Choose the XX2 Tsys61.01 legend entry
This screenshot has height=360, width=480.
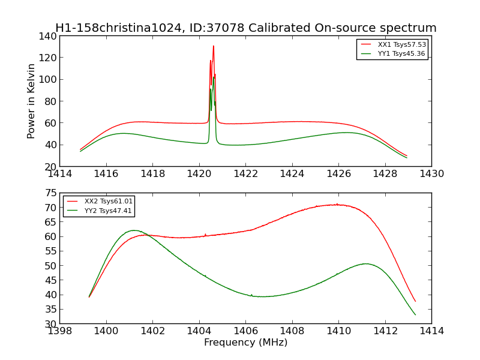click(109, 201)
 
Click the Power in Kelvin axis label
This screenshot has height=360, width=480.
click(32, 101)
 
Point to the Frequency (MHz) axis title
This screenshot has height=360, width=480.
click(245, 343)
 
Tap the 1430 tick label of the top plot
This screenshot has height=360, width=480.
click(431, 174)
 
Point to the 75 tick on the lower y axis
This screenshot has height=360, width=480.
click(51, 193)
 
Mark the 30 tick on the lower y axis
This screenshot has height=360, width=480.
click(51, 324)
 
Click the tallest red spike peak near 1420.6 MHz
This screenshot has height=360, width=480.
click(213, 46)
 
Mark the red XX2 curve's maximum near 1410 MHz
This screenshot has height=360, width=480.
click(337, 205)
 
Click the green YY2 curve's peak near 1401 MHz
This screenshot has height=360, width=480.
click(133, 230)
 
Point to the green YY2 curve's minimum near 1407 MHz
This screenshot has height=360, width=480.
click(264, 296)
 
